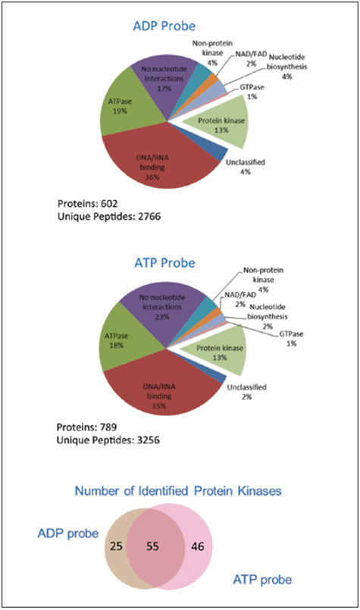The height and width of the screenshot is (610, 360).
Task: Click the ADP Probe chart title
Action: (x=164, y=26)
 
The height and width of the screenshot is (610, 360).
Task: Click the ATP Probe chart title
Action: (x=164, y=263)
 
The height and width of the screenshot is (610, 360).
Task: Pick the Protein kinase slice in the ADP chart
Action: (x=221, y=123)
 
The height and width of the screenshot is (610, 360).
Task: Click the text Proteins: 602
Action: (x=88, y=204)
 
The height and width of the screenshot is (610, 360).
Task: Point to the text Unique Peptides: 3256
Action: (x=108, y=440)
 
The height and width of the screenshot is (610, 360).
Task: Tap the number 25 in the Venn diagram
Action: (x=116, y=546)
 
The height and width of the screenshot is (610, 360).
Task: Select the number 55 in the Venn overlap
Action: (x=152, y=546)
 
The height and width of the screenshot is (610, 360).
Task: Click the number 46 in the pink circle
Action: (x=197, y=546)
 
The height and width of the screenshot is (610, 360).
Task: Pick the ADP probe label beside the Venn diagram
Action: (x=68, y=533)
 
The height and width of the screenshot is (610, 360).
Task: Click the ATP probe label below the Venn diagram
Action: (x=262, y=580)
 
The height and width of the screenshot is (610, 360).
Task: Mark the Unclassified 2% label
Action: (x=247, y=392)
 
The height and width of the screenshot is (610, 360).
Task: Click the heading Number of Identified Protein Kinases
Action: (x=178, y=491)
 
